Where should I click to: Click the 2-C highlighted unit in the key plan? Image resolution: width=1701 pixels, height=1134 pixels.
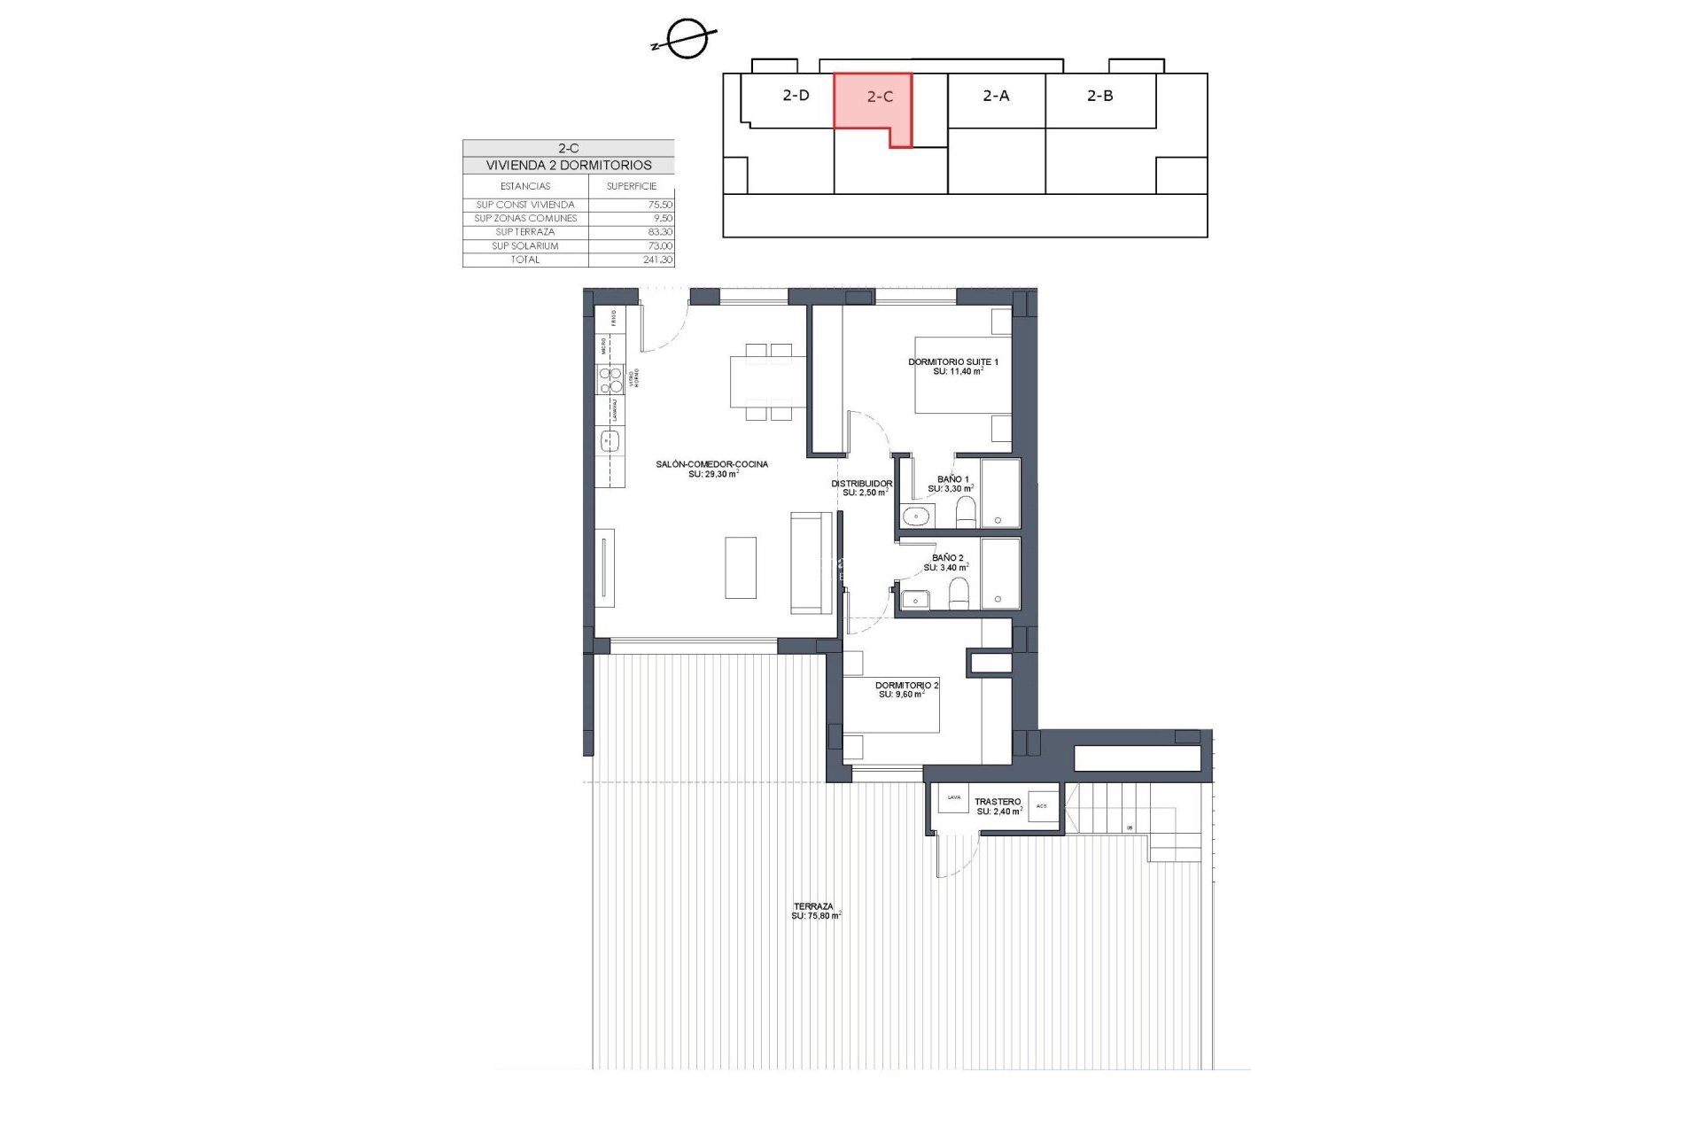coord(873,102)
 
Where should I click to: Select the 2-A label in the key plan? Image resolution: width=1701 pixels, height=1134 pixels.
coord(996,96)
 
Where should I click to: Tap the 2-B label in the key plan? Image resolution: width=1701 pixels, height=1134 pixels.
coord(1099,96)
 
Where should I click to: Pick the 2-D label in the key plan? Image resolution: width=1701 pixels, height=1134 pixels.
coord(796,96)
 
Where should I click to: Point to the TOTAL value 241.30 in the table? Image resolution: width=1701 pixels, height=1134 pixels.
coord(657,260)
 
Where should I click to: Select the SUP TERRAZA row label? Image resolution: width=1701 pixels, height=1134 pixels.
coord(524,232)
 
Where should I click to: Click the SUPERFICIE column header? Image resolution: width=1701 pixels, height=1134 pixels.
coord(632,186)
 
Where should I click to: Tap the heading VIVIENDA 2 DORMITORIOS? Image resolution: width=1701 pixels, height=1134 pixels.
coord(568,166)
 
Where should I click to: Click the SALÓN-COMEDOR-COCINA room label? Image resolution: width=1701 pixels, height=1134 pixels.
coord(711,464)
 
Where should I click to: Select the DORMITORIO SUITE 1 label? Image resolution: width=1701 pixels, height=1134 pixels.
coord(952,362)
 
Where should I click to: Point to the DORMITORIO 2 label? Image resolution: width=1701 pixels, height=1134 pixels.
coord(906,686)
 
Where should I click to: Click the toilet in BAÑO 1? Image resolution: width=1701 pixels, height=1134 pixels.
coord(966,512)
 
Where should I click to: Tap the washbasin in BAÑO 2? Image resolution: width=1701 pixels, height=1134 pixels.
coord(915,600)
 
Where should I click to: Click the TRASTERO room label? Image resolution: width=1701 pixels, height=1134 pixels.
coord(998,802)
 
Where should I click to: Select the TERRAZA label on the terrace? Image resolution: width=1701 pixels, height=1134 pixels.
coord(813,906)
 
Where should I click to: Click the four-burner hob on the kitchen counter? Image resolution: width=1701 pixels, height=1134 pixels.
coord(610,380)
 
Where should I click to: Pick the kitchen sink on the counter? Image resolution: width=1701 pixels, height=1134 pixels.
coord(610,439)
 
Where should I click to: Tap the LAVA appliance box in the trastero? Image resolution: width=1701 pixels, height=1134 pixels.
coord(954,798)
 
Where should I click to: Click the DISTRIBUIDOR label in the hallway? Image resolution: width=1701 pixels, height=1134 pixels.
coord(861,484)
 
